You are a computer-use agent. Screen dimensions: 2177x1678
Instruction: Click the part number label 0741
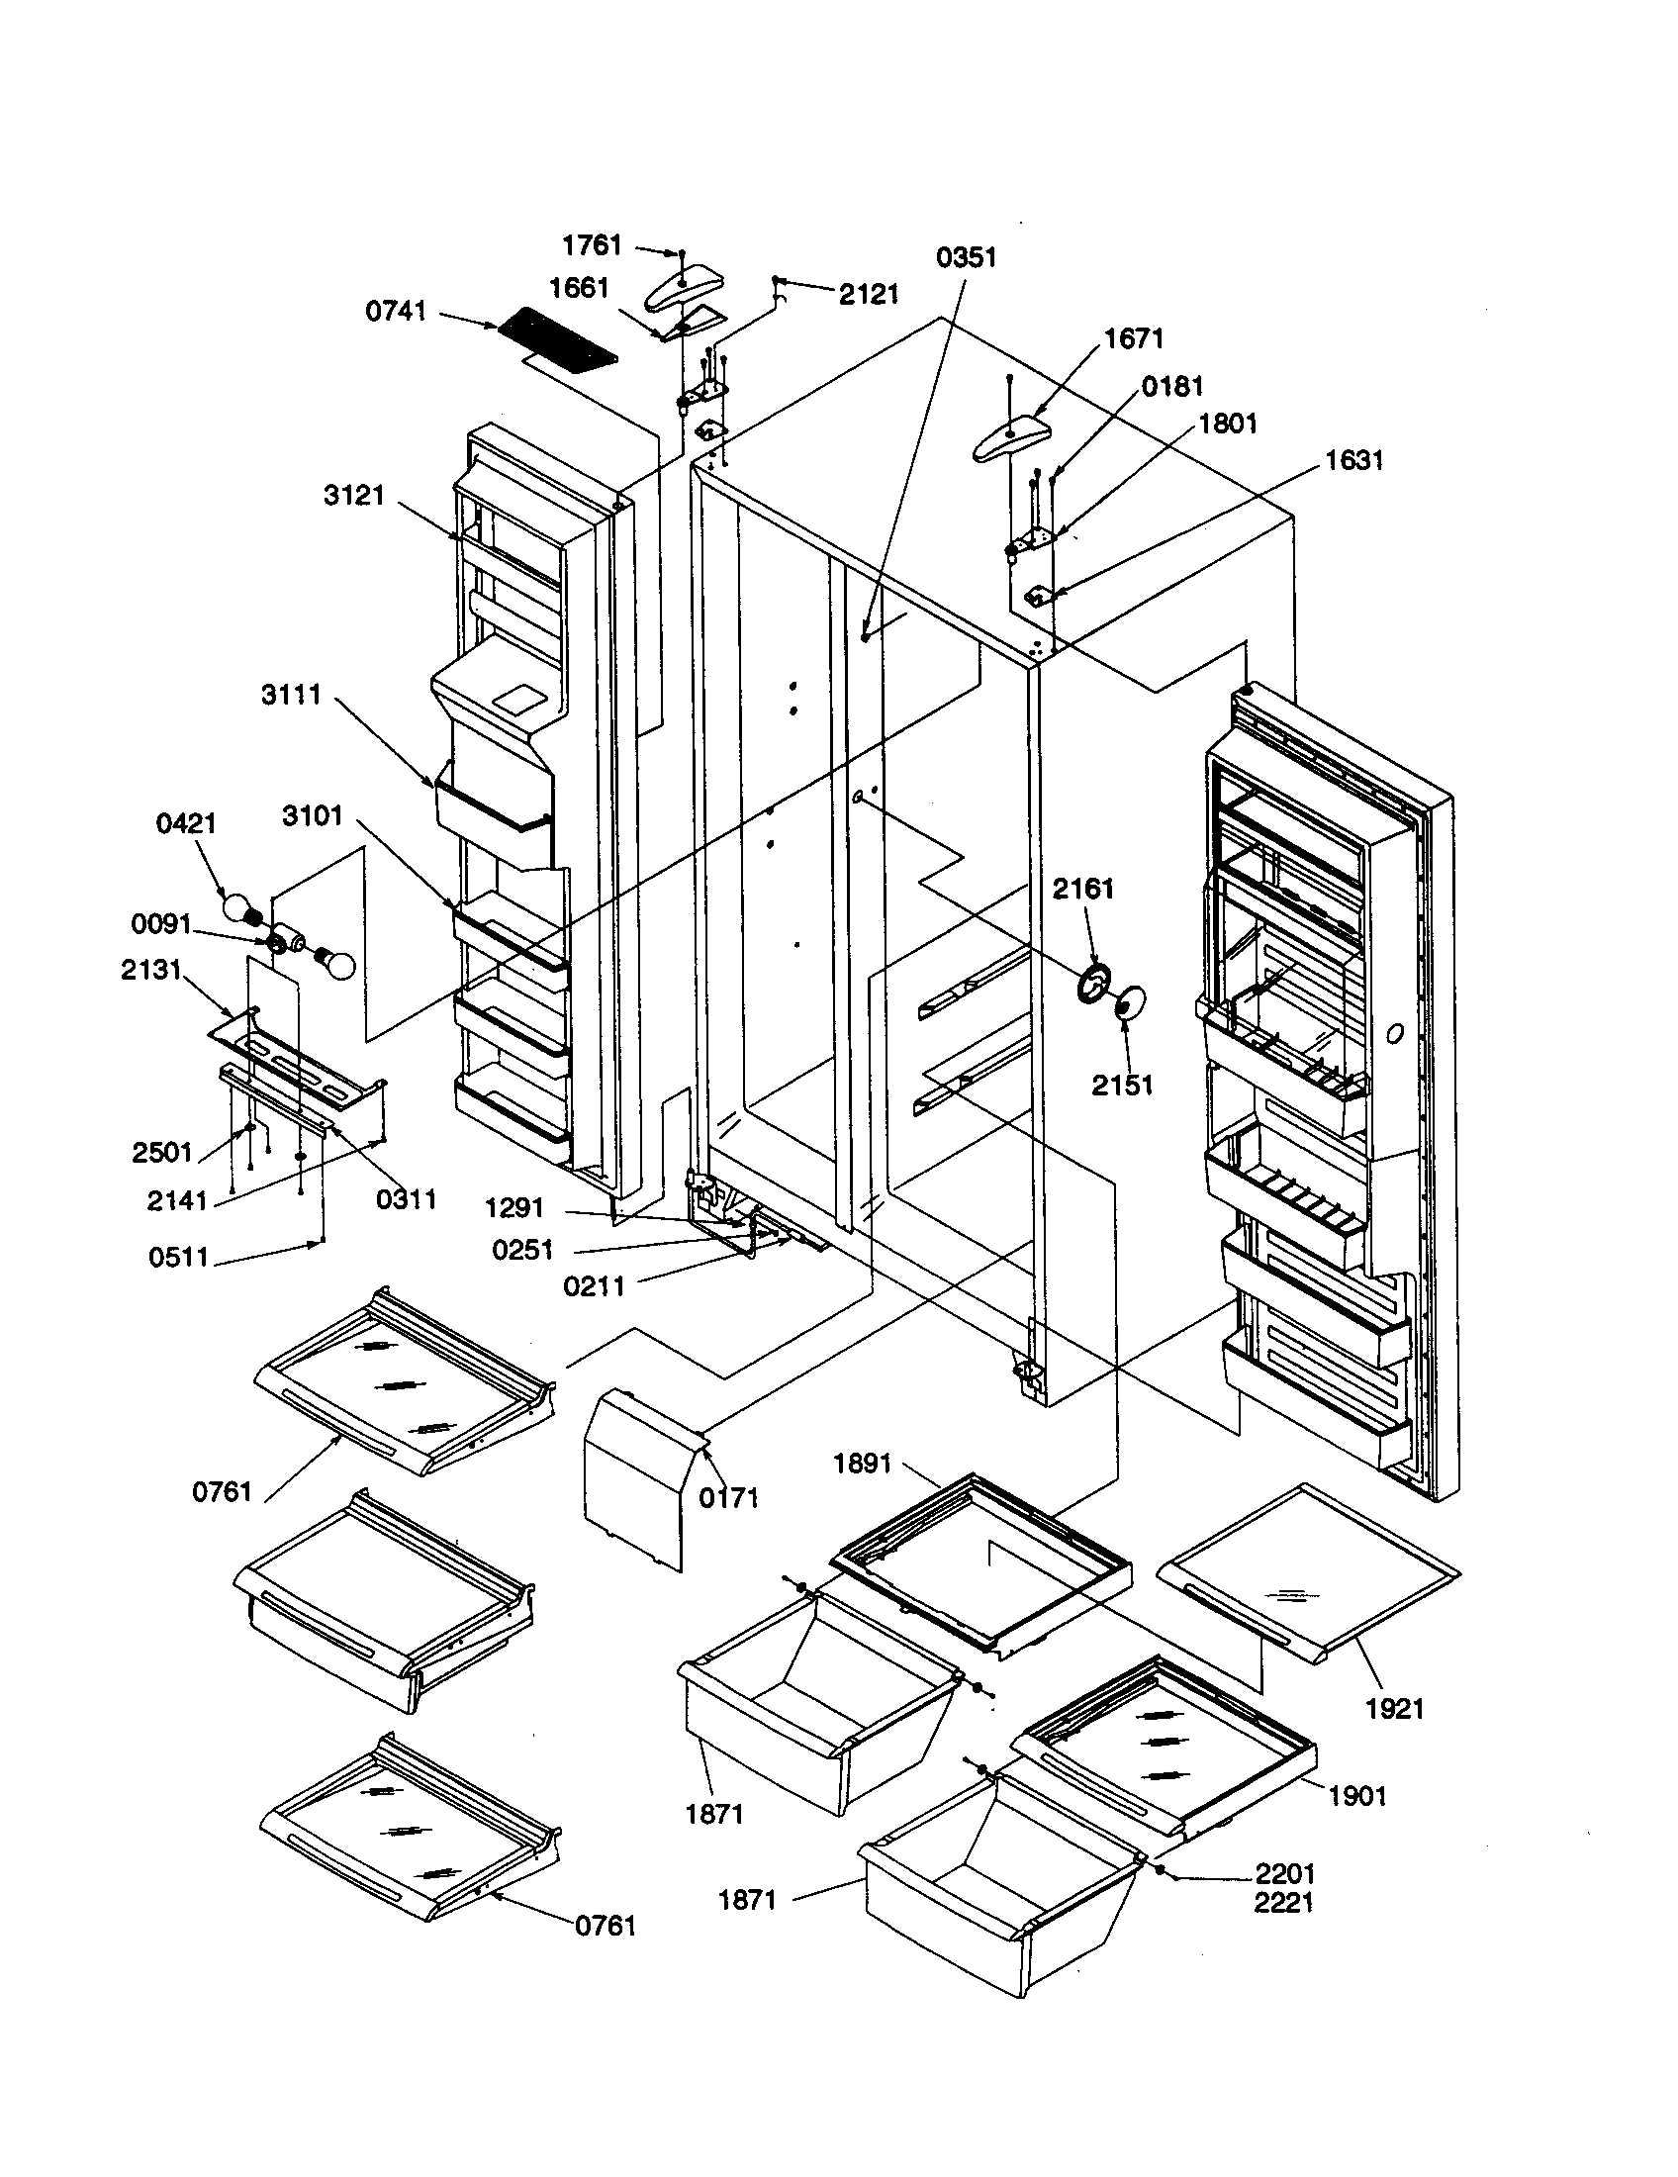[x=396, y=312]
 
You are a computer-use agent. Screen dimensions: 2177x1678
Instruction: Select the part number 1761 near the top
[x=592, y=245]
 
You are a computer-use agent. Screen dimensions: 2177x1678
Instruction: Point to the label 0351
[x=966, y=258]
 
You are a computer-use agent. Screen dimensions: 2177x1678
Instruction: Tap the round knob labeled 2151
[x=1128, y=1002]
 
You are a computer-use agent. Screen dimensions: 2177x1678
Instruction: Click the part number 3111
[x=291, y=695]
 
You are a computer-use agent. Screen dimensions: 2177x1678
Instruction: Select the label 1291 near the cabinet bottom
[x=514, y=1208]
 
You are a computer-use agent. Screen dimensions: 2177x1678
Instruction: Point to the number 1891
[x=862, y=1465]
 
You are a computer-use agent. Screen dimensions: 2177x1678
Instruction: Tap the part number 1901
[x=1357, y=1795]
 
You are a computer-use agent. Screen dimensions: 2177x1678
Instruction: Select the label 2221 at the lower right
[x=1283, y=1903]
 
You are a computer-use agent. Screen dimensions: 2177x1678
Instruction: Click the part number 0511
[x=179, y=1257]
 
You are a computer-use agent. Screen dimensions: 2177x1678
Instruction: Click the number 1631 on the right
[x=1354, y=460]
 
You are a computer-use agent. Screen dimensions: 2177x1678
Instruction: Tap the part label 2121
[x=868, y=294]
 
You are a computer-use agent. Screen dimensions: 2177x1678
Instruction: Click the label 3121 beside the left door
[x=354, y=496]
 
